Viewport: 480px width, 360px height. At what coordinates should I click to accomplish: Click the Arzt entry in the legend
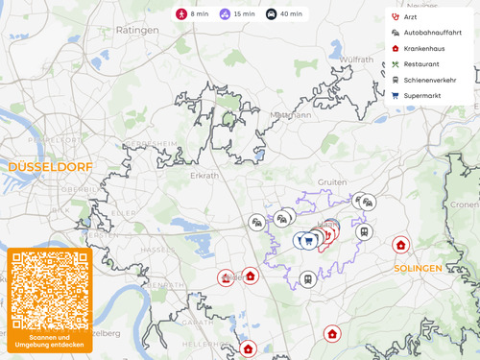[410, 17]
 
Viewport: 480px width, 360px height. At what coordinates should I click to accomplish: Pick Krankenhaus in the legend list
[427, 48]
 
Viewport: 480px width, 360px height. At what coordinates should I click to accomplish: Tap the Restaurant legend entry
[421, 64]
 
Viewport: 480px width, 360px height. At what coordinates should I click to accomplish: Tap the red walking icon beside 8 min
[181, 14]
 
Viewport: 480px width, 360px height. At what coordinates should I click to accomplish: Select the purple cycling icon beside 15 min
[225, 14]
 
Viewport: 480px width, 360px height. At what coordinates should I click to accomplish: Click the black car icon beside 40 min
[271, 14]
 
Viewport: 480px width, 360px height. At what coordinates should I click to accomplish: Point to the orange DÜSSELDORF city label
[50, 167]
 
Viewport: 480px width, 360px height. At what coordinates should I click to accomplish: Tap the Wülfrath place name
[357, 60]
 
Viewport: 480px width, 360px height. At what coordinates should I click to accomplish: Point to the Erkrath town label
[204, 176]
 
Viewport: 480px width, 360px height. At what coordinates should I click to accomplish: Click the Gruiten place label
[332, 181]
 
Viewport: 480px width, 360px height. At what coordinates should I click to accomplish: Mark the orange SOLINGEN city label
[418, 269]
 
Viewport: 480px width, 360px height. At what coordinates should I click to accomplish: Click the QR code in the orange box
[49, 290]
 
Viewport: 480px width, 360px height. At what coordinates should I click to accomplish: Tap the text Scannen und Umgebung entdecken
[49, 341]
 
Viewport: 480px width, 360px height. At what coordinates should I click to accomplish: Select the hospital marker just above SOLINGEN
[400, 245]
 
